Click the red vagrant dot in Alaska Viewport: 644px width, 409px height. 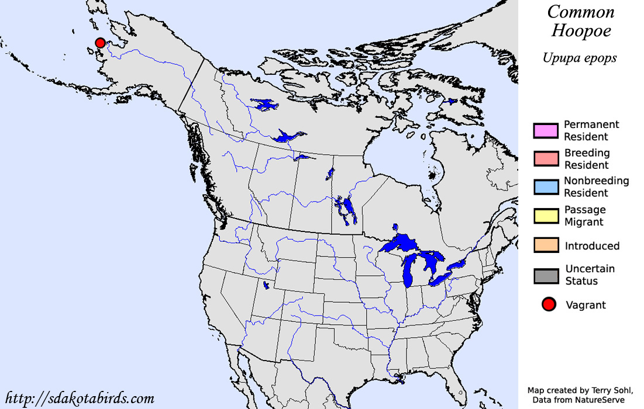[100, 43]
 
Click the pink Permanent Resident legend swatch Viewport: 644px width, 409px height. [545, 130]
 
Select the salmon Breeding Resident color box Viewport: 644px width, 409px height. [545, 158]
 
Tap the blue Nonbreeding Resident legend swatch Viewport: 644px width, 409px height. [545, 186]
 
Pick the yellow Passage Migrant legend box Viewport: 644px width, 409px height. [545, 216]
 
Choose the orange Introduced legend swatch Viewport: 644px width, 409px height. [545, 245]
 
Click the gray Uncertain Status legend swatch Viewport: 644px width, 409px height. [545, 275]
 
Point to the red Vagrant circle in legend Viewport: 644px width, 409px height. [549, 304]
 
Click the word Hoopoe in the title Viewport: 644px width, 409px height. [581, 32]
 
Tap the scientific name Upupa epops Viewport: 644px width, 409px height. [579, 58]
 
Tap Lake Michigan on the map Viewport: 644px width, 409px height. [408, 269]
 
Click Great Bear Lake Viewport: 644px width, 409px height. [264, 105]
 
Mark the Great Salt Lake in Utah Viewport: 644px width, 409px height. [267, 285]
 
